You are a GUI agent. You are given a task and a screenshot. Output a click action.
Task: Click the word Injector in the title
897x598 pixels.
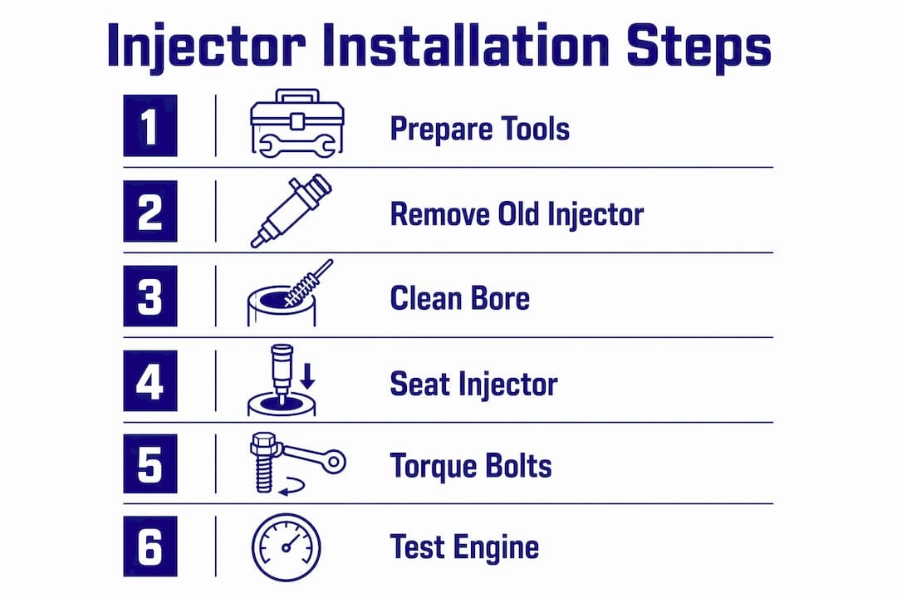[x=206, y=47]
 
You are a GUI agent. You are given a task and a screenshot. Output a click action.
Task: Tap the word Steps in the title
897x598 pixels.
[x=699, y=47]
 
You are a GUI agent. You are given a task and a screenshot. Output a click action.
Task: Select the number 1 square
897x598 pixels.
[x=149, y=126]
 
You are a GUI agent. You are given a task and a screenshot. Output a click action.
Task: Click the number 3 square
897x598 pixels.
[x=149, y=296]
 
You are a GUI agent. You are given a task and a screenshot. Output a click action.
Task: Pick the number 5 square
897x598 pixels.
[x=149, y=463]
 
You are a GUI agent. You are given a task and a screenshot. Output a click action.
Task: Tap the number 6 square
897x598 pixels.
[x=149, y=546]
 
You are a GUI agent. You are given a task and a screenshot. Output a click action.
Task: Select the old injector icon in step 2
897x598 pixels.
[x=291, y=211]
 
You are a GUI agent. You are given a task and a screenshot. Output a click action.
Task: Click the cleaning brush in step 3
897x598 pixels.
[x=308, y=283]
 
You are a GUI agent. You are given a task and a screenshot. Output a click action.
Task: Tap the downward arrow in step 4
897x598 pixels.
[x=308, y=375]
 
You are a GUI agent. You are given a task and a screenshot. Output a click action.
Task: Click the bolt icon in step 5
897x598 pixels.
[x=264, y=463]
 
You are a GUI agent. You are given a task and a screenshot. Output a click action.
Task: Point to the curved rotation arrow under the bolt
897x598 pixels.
[x=292, y=486]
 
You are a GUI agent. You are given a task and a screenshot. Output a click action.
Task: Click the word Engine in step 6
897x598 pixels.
[x=495, y=548]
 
